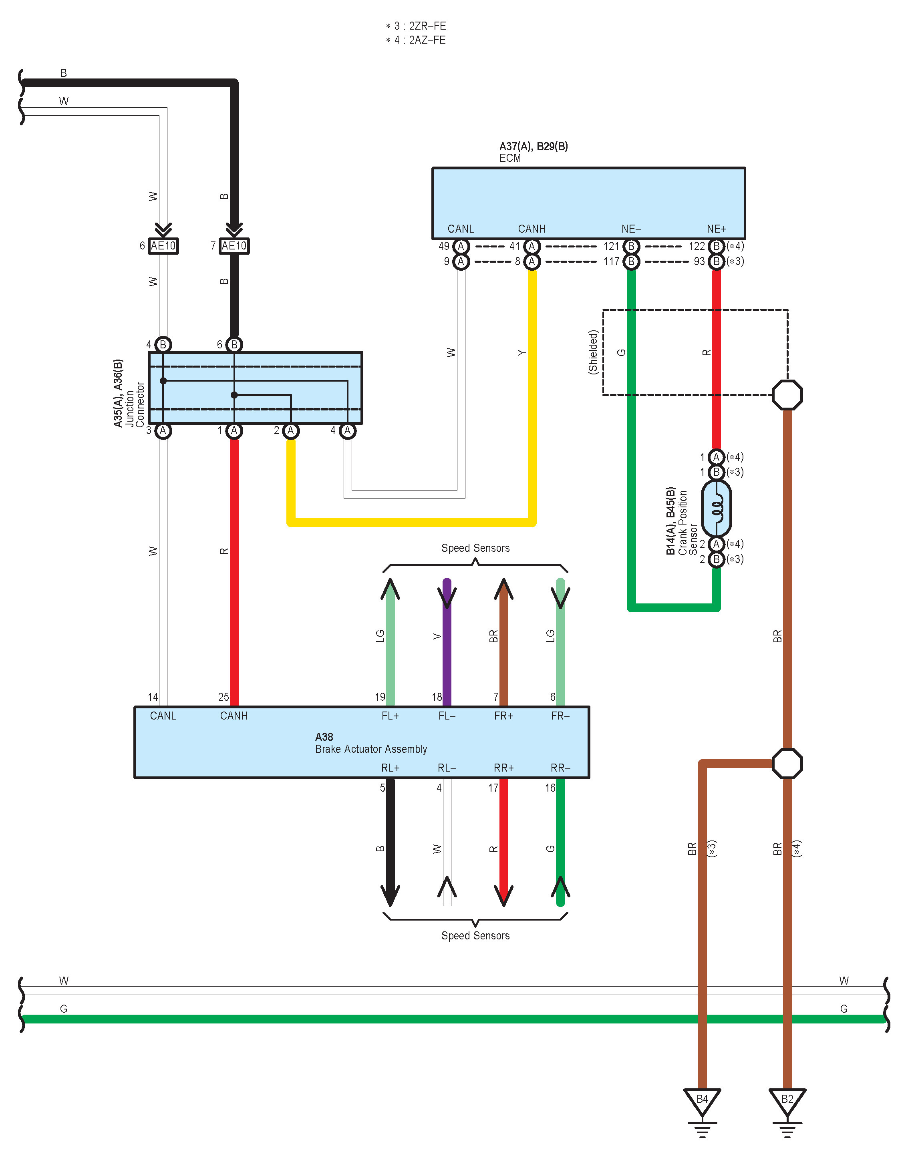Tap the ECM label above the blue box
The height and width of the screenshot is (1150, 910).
pyautogui.click(x=510, y=158)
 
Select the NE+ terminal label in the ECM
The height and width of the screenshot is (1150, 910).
pyautogui.click(x=717, y=229)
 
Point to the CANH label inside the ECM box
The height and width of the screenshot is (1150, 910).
pyautogui.click(x=532, y=229)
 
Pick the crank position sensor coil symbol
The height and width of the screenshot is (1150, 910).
pyautogui.click(x=717, y=508)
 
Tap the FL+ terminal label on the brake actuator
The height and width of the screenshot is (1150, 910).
pyautogui.click(x=390, y=716)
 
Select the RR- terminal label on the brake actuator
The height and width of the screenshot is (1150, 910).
pyautogui.click(x=560, y=768)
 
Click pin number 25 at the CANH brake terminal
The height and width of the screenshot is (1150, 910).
pyautogui.click(x=223, y=697)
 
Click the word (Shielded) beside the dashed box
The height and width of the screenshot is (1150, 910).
pyautogui.click(x=593, y=352)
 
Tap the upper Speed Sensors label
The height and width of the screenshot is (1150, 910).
pyautogui.click(x=475, y=548)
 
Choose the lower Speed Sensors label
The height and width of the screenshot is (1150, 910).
pyautogui.click(x=475, y=935)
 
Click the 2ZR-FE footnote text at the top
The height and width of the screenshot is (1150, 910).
pyautogui.click(x=416, y=26)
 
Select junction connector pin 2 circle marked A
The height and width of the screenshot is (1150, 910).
pyautogui.click(x=290, y=430)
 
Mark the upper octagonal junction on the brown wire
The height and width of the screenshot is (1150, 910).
pyautogui.click(x=787, y=395)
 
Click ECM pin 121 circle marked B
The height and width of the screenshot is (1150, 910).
pyautogui.click(x=631, y=246)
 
